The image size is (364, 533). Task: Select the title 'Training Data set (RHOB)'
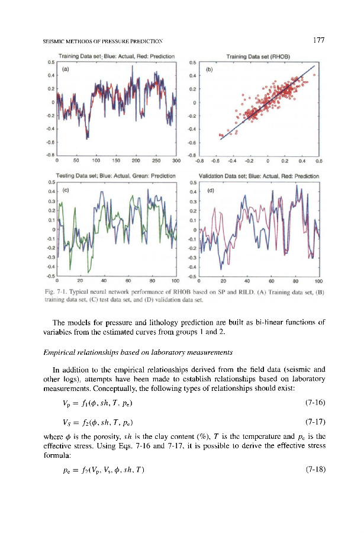pos(262,56)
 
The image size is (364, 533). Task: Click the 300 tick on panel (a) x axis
pos(176,159)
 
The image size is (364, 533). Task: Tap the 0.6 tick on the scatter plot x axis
pos(318,159)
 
